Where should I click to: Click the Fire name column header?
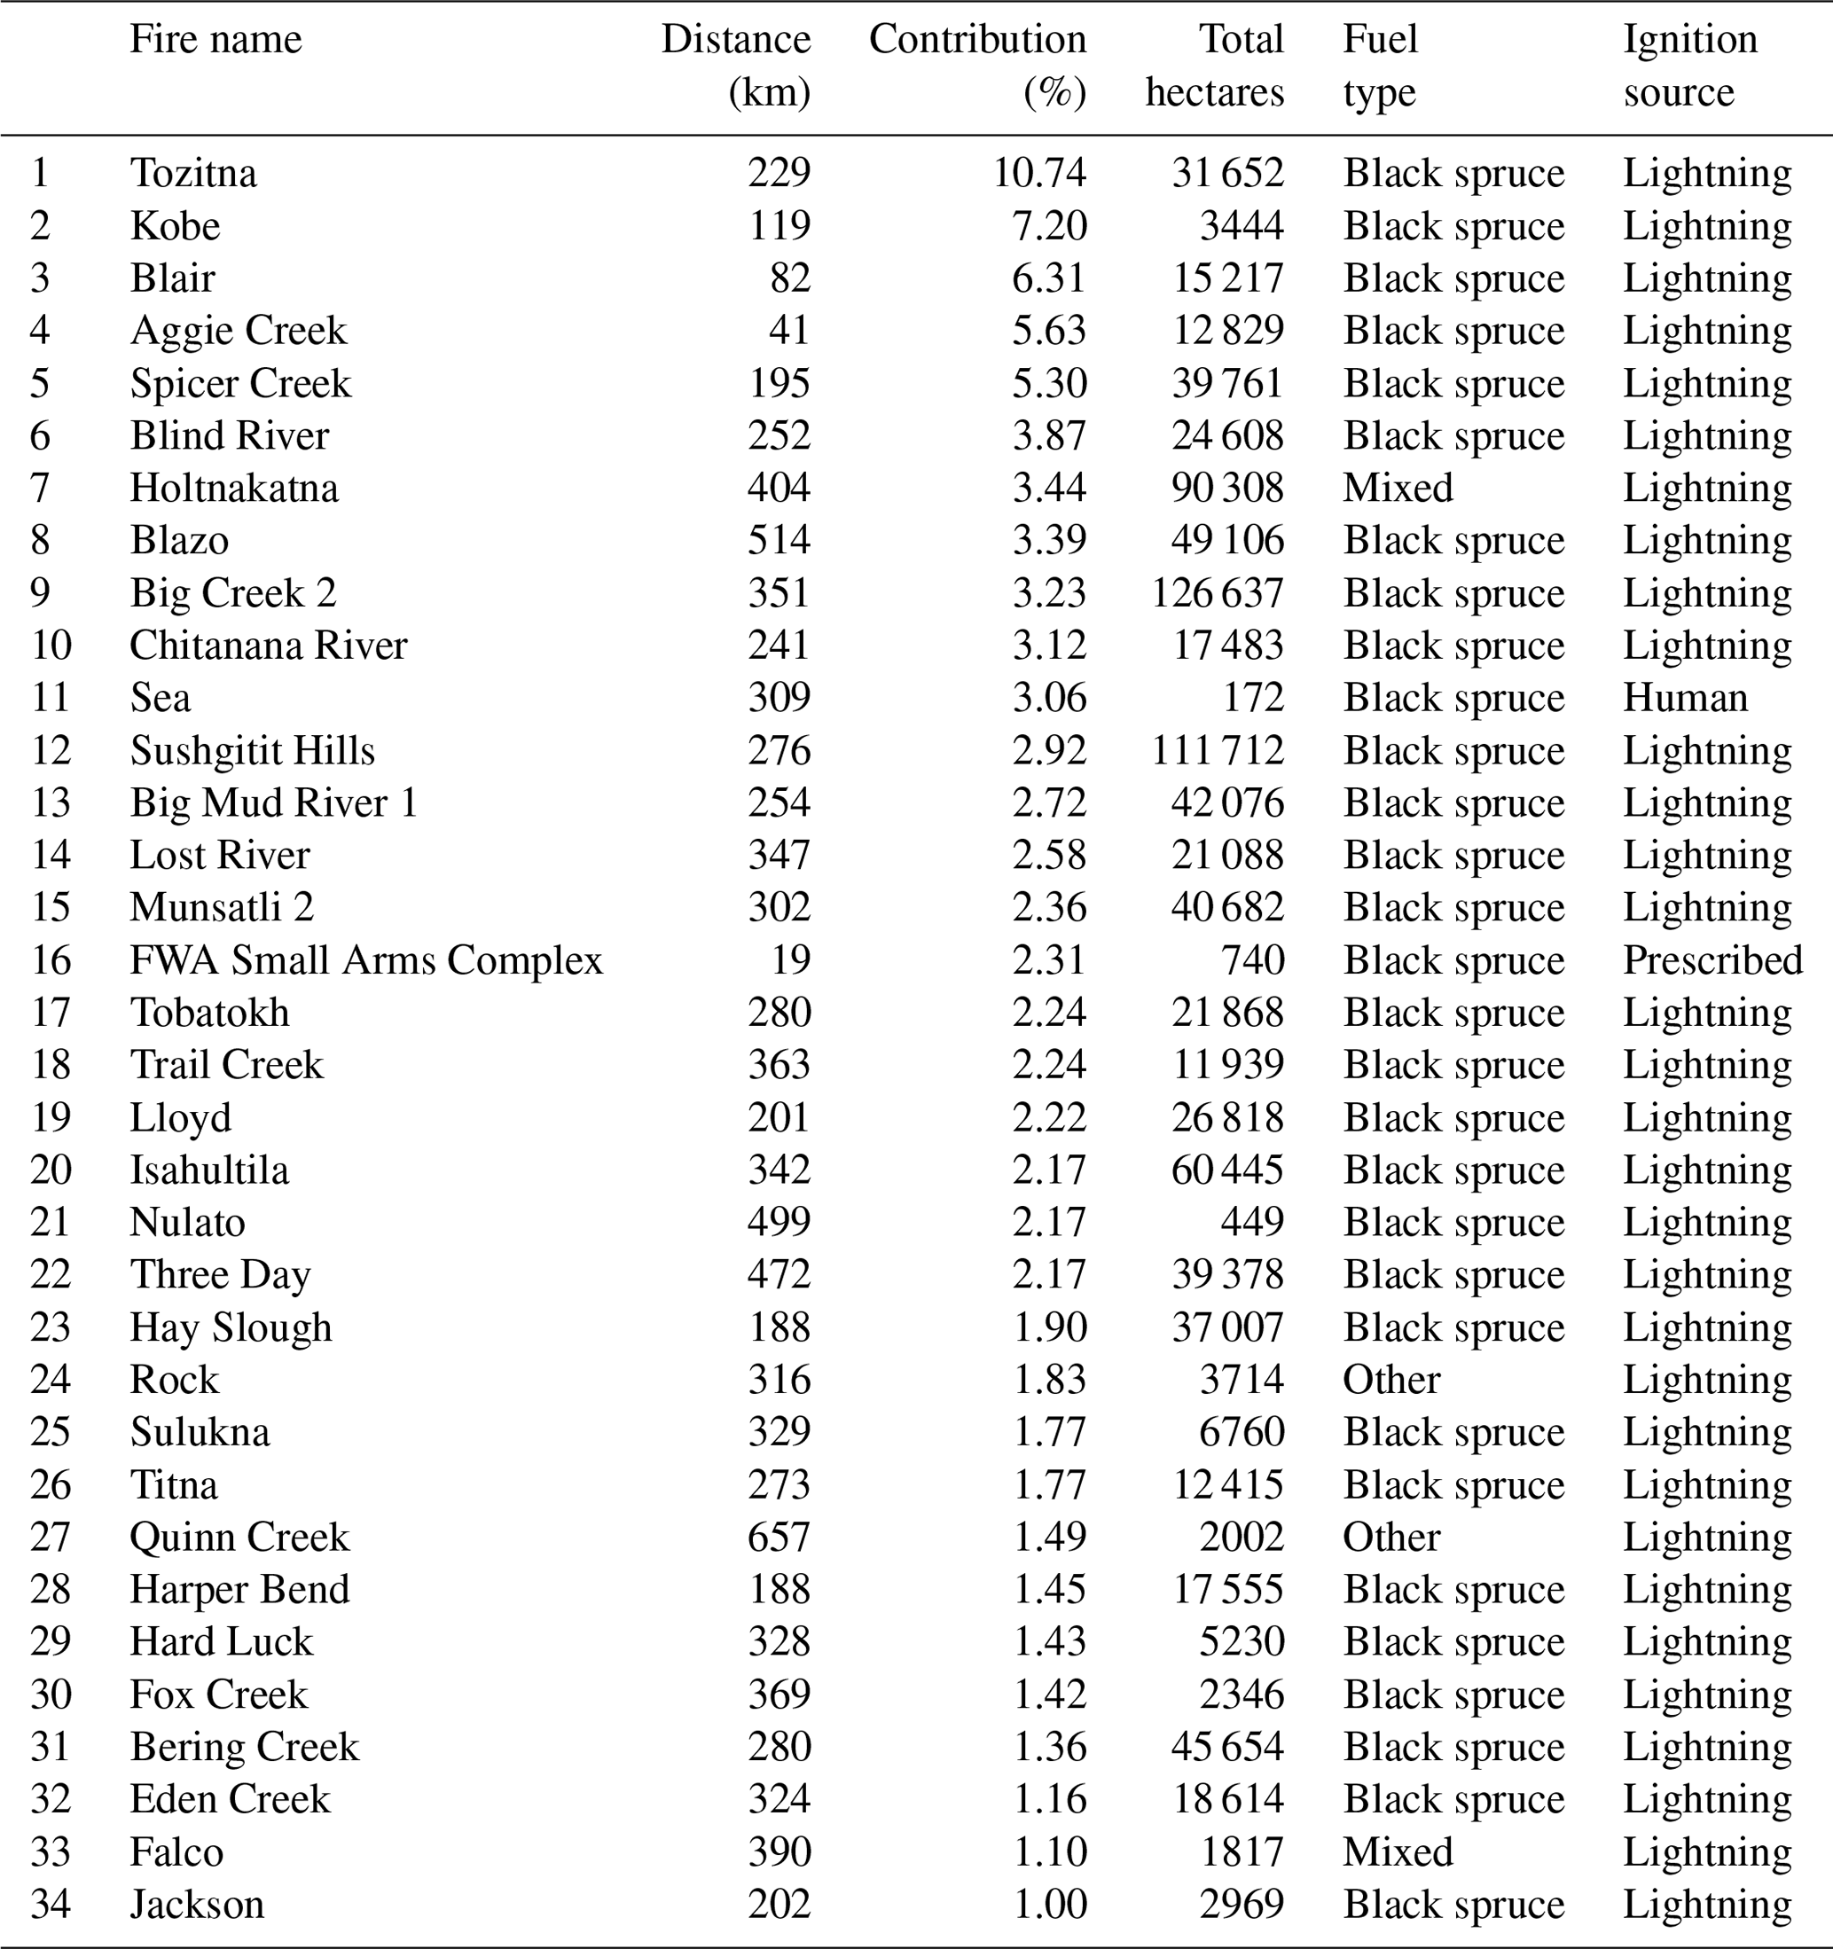click(x=215, y=40)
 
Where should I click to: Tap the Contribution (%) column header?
click(x=977, y=65)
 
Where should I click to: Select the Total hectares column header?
click(x=1215, y=65)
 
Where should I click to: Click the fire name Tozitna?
click(x=193, y=174)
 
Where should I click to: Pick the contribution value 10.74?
click(x=1039, y=174)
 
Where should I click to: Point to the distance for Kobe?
click(x=779, y=226)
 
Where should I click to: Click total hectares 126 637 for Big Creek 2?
click(x=1217, y=593)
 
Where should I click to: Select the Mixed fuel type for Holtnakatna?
click(x=1398, y=489)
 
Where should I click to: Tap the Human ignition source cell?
click(x=1685, y=698)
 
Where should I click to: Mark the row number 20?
click(x=50, y=1170)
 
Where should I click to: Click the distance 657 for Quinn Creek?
click(x=779, y=1538)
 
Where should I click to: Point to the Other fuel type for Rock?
click(x=1390, y=1381)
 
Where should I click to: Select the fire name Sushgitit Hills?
click(x=252, y=751)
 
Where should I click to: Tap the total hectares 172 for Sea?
click(x=1253, y=698)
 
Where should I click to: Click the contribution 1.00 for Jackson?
click(x=1050, y=1905)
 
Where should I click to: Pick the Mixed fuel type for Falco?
click(x=1398, y=1852)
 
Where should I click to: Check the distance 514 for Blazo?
click(x=779, y=541)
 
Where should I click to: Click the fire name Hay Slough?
click(x=231, y=1327)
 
